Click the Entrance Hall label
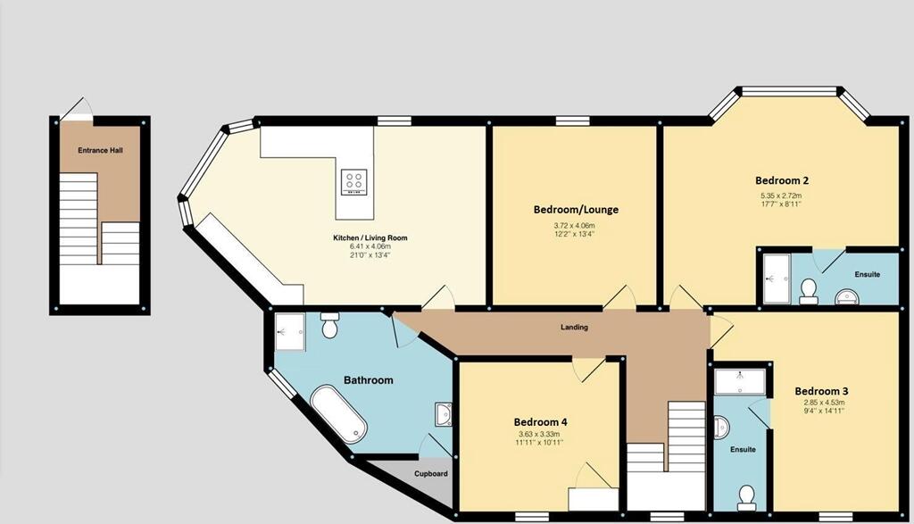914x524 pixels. tap(100, 150)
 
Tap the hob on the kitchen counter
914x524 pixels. tap(353, 182)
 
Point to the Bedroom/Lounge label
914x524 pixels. tap(576, 210)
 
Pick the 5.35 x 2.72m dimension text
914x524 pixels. tap(781, 195)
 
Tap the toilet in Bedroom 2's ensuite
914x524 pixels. tap(809, 290)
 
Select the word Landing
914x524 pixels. tap(574, 327)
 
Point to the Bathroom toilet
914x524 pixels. tap(328, 326)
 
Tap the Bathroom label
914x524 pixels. tap(370, 380)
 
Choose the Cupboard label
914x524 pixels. tap(431, 473)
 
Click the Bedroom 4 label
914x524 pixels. tap(540, 422)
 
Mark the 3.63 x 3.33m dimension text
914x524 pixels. tap(540, 435)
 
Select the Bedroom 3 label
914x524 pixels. tap(821, 391)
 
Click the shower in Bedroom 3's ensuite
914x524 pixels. tap(741, 382)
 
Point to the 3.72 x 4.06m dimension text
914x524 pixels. tap(576, 226)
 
